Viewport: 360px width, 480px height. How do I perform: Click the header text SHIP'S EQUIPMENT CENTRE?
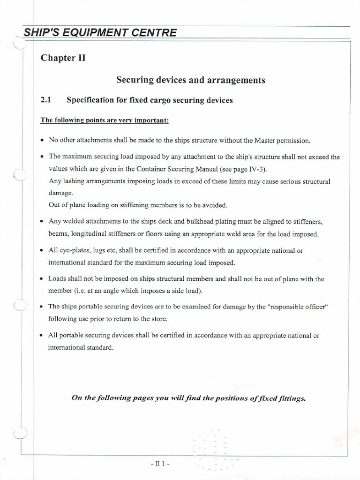click(100, 32)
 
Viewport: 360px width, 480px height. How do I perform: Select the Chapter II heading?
click(63, 58)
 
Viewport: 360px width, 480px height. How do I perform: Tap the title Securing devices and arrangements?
click(190, 80)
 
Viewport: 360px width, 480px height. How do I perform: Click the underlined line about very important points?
click(105, 120)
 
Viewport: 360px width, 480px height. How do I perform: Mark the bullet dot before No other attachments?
click(43, 141)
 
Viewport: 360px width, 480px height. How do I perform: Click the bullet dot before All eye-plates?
click(43, 251)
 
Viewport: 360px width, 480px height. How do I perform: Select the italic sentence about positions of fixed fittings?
click(188, 398)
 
